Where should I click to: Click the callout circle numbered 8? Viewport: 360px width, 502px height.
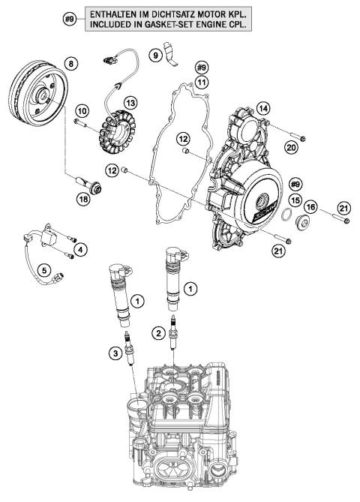coord(71,65)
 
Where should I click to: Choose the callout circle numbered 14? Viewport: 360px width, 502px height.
coord(262,109)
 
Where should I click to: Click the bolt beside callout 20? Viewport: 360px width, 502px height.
coord(293,138)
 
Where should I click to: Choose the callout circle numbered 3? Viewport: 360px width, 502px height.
coord(113,352)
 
